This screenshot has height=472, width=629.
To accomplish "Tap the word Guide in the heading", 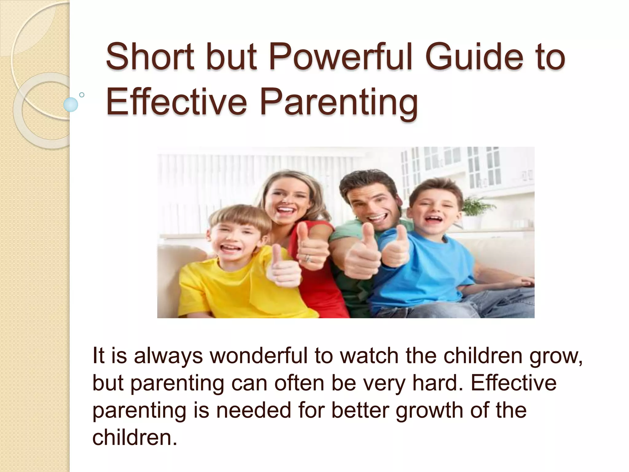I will (x=479, y=57).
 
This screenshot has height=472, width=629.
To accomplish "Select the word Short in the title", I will (x=150, y=57).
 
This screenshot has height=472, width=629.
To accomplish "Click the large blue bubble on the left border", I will (x=71, y=104).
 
